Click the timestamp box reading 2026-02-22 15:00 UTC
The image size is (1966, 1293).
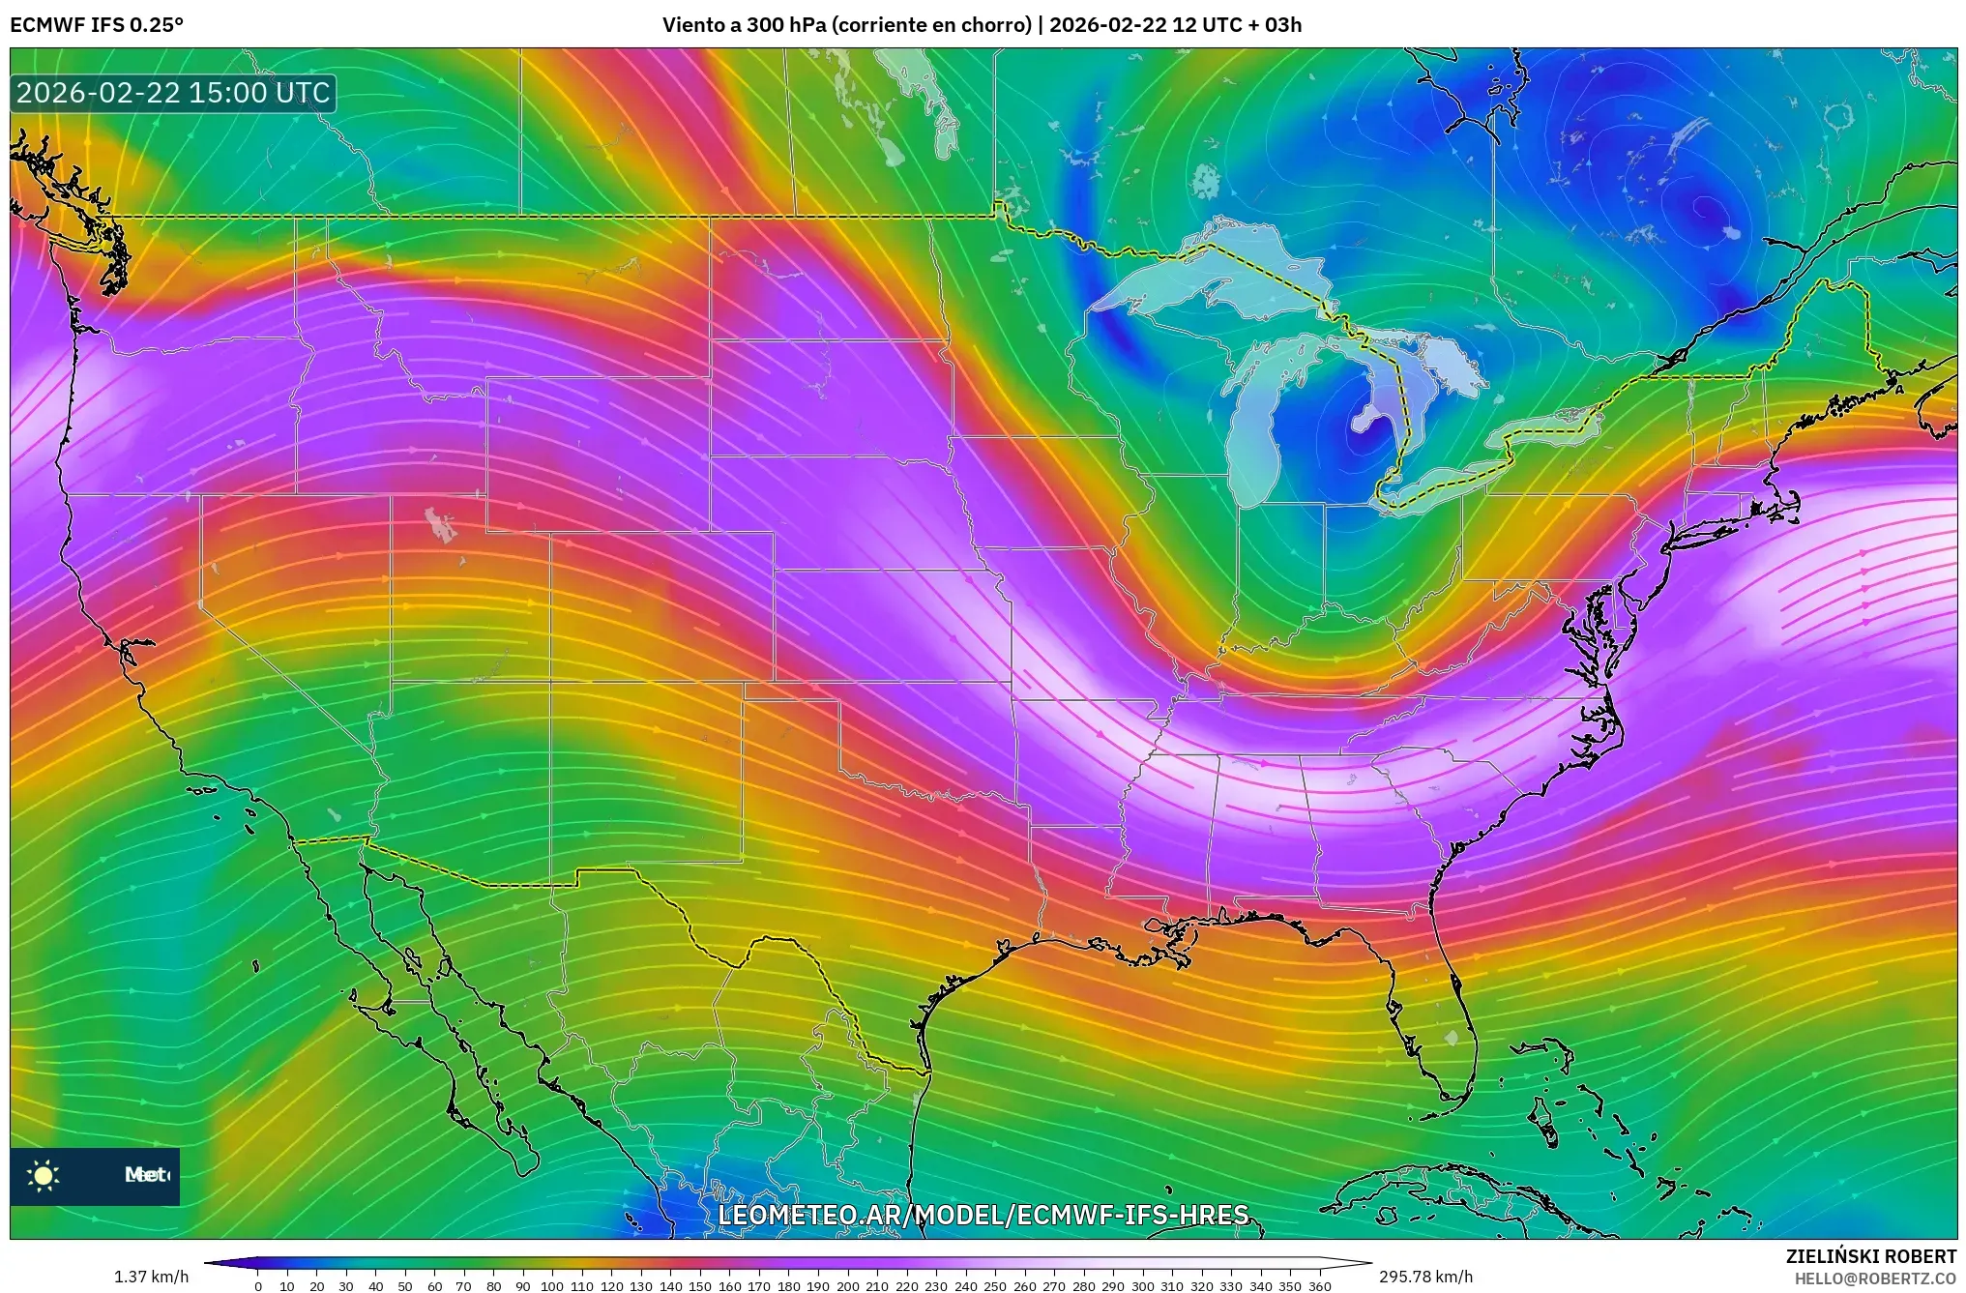point(173,94)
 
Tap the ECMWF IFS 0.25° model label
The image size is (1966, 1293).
point(97,25)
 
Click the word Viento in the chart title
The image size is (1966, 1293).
point(692,25)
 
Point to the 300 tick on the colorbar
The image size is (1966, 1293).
point(1142,1285)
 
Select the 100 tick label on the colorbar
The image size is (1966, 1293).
point(551,1285)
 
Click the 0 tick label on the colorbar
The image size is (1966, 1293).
point(258,1285)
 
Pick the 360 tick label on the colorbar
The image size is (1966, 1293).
point(1319,1285)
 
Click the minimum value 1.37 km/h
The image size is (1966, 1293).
point(151,1277)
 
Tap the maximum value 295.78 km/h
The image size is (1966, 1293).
point(1425,1277)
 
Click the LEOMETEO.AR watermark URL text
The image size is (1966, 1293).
point(983,1215)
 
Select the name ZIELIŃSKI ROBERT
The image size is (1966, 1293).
point(1870,1256)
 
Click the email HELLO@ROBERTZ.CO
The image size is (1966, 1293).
point(1875,1278)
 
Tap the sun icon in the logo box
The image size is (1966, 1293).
point(43,1175)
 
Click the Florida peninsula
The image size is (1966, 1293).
point(1441,1025)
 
